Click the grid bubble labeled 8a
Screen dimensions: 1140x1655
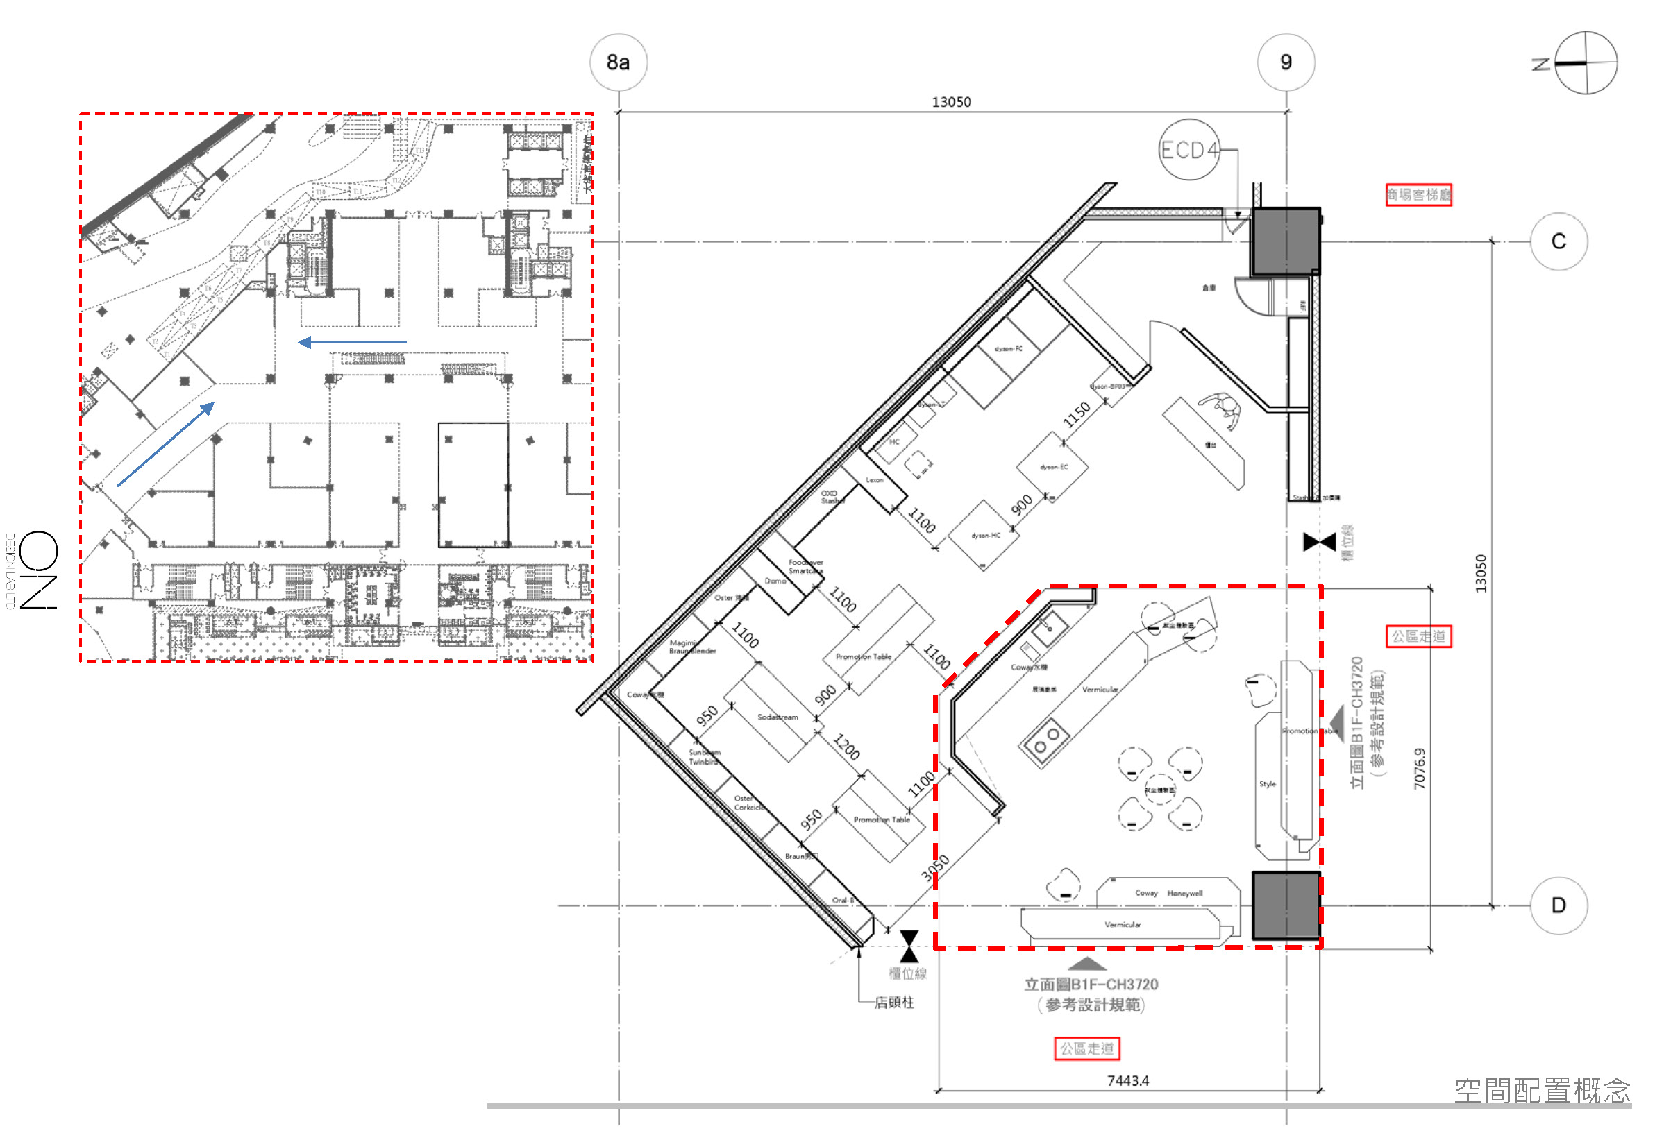click(619, 63)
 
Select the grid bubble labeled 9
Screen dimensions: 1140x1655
click(1286, 63)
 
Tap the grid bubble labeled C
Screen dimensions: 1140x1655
click(1559, 241)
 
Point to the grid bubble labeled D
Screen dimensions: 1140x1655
click(1559, 905)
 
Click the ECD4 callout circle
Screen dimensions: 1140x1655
click(1188, 150)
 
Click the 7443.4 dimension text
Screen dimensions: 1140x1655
click(1127, 1081)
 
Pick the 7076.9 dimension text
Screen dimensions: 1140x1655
click(1419, 769)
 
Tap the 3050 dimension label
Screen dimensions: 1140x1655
click(934, 868)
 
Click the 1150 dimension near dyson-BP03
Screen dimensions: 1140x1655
click(1076, 415)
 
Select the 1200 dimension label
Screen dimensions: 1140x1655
click(847, 747)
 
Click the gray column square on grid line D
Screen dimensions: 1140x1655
click(1286, 905)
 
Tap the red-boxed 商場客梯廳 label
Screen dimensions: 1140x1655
click(1418, 195)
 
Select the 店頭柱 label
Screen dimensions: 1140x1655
click(894, 1003)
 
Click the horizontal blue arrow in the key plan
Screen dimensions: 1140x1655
click(352, 343)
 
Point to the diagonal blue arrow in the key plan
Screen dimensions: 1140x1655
click(166, 444)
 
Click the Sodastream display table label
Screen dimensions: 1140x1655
click(778, 717)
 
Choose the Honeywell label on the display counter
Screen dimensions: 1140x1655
click(1185, 894)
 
